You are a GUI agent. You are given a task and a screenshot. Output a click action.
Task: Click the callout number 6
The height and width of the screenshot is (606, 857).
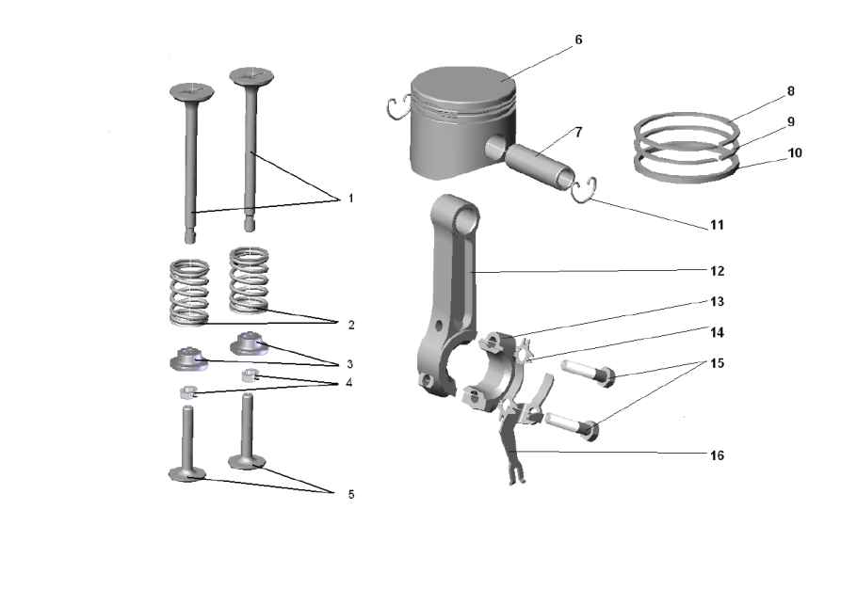[x=578, y=40]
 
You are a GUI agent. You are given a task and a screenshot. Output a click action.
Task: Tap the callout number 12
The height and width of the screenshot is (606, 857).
[x=717, y=271]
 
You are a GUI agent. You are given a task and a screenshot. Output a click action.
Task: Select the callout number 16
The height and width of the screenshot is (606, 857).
[x=717, y=455]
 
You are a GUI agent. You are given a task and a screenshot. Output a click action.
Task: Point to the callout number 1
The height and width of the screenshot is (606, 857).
[x=351, y=199]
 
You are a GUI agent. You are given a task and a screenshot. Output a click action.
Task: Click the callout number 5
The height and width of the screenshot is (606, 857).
[x=351, y=494]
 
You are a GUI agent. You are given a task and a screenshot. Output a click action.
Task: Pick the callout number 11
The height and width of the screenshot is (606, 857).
[x=717, y=225]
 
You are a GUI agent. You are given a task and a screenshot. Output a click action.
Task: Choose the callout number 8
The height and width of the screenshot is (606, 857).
[x=790, y=91]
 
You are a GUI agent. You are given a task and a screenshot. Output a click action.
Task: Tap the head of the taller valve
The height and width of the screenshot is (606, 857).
[x=251, y=76]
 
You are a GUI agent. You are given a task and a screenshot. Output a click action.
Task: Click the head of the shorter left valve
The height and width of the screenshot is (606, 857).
[x=192, y=92]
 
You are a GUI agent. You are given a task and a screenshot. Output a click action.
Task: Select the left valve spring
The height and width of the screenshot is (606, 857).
[x=189, y=292]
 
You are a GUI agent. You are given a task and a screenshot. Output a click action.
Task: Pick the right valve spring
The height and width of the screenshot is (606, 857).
[x=250, y=280]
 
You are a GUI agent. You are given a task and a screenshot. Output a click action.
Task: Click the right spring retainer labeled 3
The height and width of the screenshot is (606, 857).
[x=249, y=344]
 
